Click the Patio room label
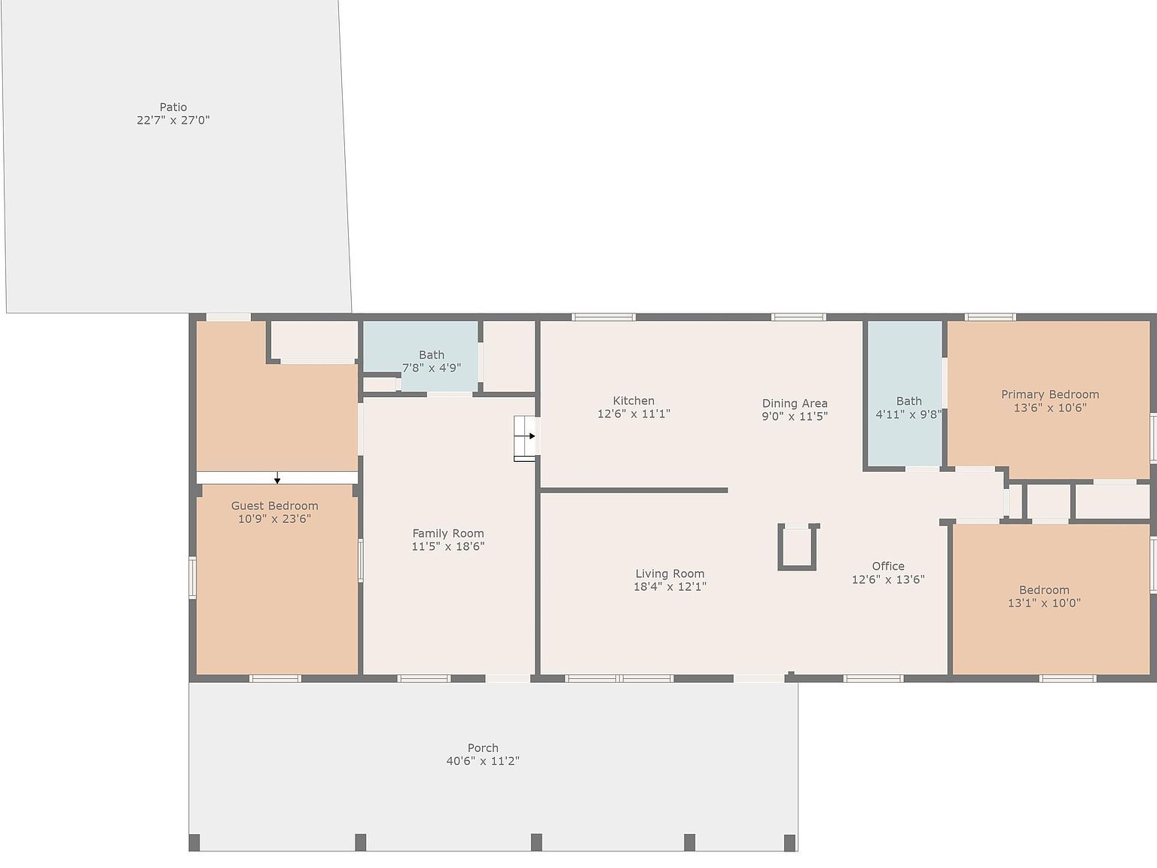tap(173, 107)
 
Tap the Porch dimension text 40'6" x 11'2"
tap(483, 760)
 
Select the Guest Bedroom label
tap(275, 506)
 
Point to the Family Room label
tap(448, 533)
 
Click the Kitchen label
tap(633, 401)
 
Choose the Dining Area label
tap(795, 403)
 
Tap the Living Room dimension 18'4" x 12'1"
tap(670, 586)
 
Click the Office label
tap(888, 566)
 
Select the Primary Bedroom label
tap(1050, 394)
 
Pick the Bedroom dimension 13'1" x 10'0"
tap(1044, 603)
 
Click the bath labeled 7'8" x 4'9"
tap(432, 362)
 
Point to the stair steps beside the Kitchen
tap(525, 439)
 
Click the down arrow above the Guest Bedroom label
tap(277, 478)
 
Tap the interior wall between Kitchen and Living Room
tap(634, 490)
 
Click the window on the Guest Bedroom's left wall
tap(193, 577)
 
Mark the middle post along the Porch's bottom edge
tap(536, 842)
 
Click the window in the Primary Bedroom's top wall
tap(991, 317)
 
